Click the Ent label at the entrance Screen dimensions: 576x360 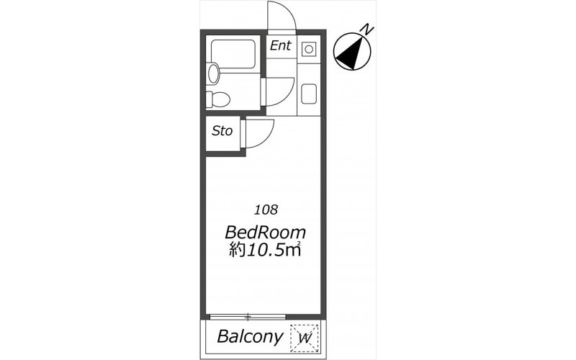280,45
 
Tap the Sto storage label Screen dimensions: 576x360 222,131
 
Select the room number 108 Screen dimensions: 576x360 266,210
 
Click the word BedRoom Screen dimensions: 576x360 265,233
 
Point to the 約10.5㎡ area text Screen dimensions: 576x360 265,250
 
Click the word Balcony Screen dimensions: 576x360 251,336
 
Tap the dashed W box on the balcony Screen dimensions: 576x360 305,338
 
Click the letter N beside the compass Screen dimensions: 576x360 367,29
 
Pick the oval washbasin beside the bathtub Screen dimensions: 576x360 213,73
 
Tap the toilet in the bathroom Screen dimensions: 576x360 217,99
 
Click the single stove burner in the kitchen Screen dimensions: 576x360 309,49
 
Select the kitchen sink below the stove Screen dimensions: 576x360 309,94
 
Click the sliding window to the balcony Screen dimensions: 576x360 248,316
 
